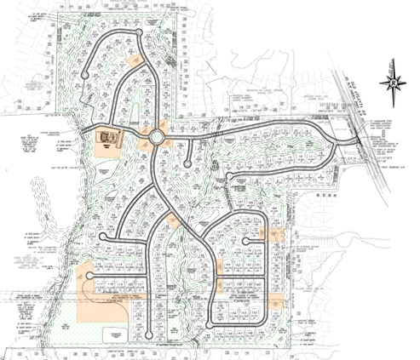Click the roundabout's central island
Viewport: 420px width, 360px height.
[157, 137]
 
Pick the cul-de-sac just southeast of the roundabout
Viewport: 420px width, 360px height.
[187, 165]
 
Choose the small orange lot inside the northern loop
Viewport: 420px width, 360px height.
[134, 60]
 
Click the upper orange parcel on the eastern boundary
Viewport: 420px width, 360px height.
[274, 233]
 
